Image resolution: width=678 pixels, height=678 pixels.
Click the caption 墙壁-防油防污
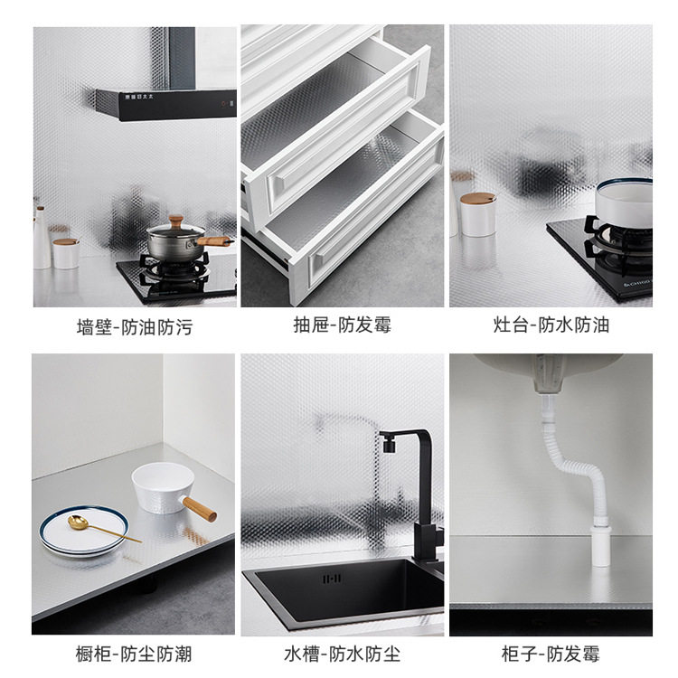[135, 327]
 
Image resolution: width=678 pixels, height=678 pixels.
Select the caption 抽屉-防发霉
[342, 325]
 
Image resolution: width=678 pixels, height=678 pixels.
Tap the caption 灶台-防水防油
[551, 325]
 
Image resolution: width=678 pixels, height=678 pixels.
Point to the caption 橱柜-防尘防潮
[134, 654]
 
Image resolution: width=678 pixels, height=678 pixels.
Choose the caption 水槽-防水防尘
[342, 654]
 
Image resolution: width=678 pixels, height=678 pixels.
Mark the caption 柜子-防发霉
[551, 654]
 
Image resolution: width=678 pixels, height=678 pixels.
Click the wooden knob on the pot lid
[176, 221]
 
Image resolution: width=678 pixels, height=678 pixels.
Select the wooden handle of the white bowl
[200, 509]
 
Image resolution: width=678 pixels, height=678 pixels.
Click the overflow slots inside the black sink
[332, 579]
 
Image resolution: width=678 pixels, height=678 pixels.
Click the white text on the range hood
[139, 97]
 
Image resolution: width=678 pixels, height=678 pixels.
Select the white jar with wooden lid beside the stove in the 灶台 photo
[477, 214]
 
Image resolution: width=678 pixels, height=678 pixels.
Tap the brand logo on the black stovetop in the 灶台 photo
[636, 283]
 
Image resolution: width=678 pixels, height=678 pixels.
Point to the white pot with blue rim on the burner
[625, 202]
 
